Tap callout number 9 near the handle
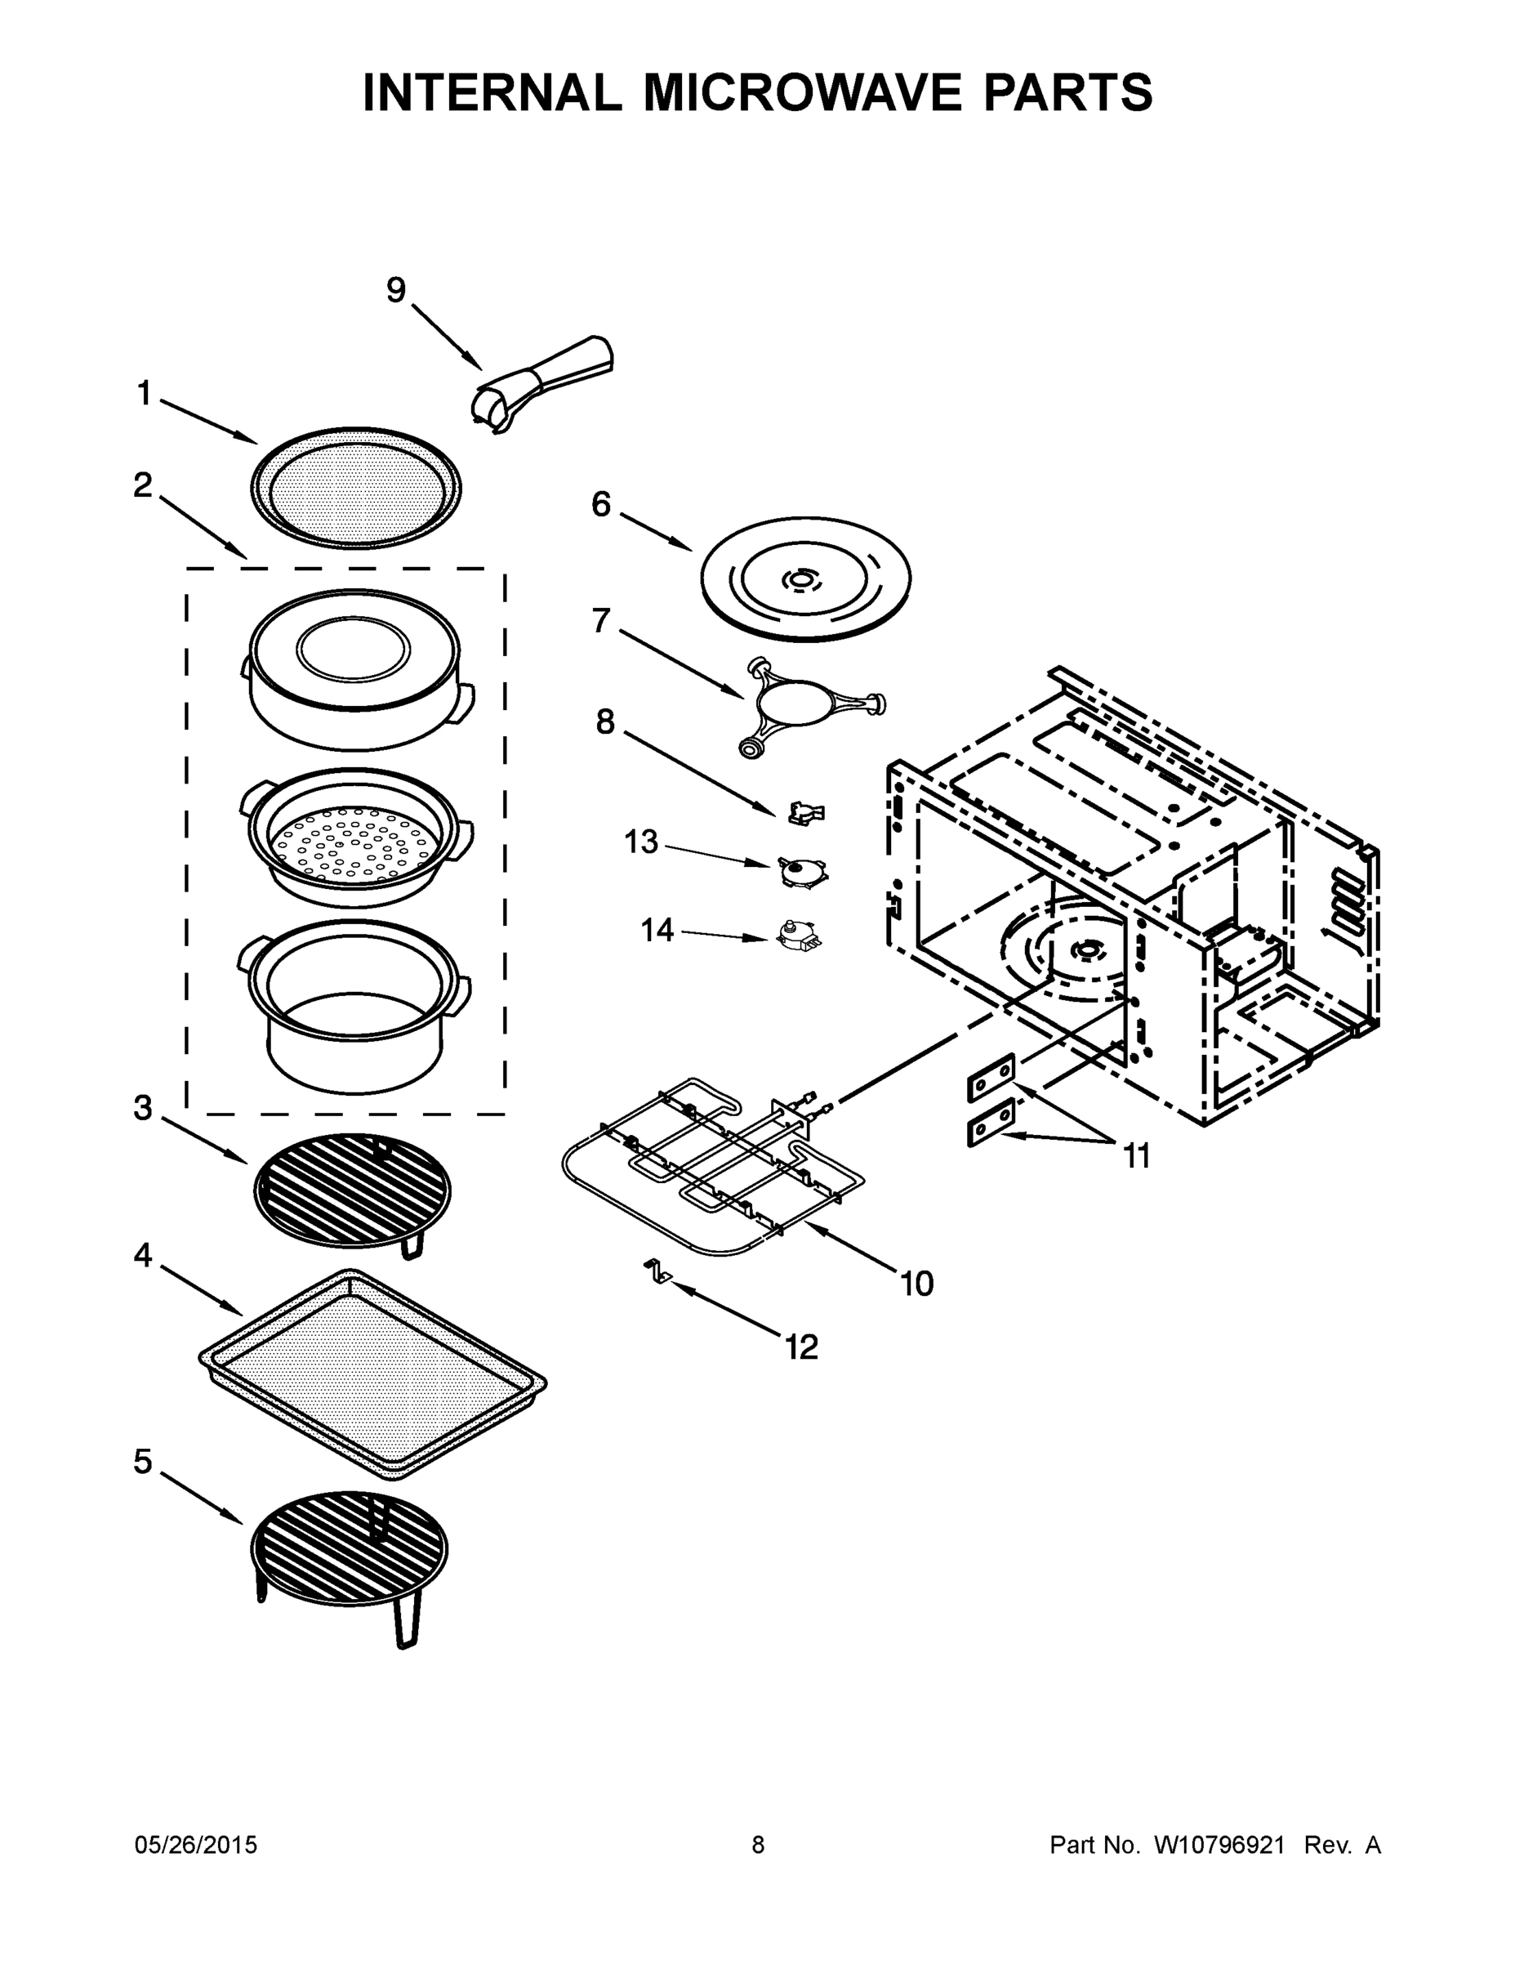coord(396,291)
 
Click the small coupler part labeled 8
coord(805,814)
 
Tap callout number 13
coord(641,842)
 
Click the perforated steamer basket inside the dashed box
coord(356,839)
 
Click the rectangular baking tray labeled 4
coord(372,1373)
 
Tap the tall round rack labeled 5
coord(348,1553)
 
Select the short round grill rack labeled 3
coord(354,1190)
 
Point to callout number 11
coord(1136,1156)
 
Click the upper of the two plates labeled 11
coord(991,1078)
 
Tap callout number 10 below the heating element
coord(916,1284)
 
